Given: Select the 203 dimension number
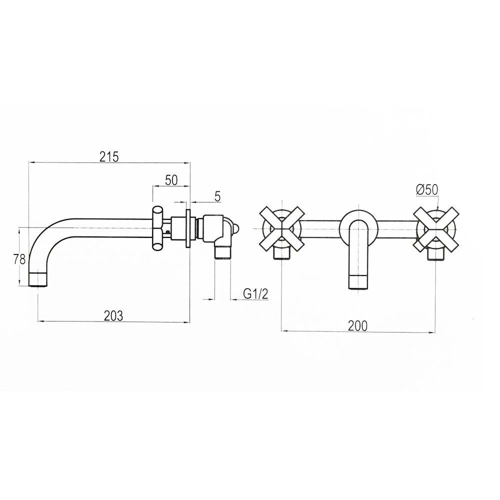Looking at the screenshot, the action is (x=113, y=315).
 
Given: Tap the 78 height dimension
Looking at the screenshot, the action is (x=19, y=259).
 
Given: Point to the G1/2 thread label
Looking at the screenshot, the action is (x=255, y=294).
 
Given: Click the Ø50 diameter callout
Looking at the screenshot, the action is (x=427, y=190).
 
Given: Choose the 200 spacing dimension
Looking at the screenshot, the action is (x=357, y=326).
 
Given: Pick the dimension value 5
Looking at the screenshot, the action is (x=217, y=196).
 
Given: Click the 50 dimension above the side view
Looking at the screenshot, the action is (x=171, y=180).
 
